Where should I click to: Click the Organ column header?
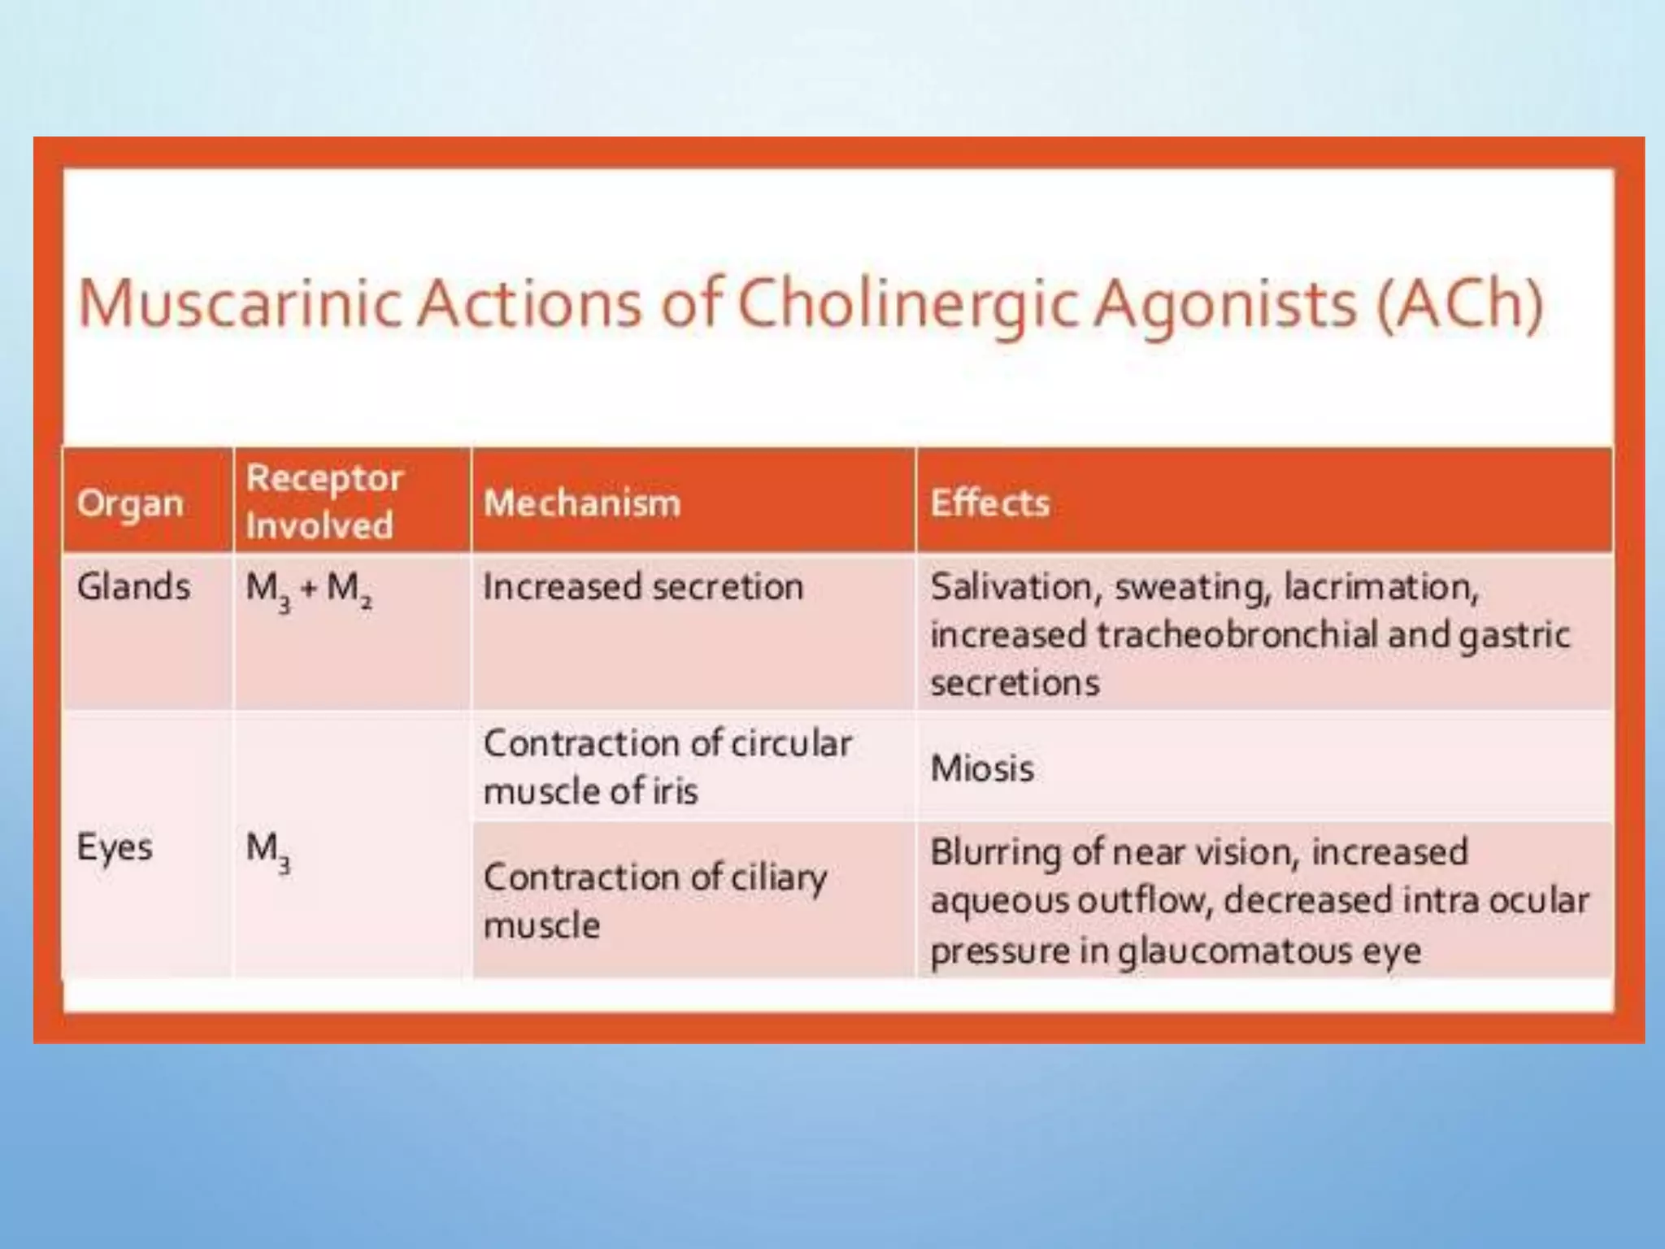(130, 503)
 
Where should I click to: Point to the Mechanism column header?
(582, 503)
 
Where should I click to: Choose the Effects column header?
(990, 503)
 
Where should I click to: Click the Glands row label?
(134, 586)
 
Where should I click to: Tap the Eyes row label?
(115, 847)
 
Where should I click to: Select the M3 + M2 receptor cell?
(309, 589)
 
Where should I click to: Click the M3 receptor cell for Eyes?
(268, 851)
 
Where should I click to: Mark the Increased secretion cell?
(643, 586)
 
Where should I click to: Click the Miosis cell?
(982, 768)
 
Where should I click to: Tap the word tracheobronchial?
(1237, 635)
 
